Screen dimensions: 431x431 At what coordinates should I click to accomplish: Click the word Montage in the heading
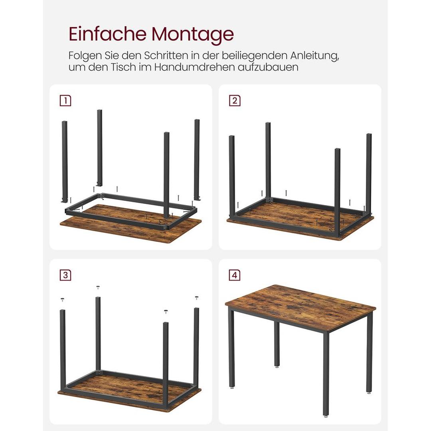point(192,35)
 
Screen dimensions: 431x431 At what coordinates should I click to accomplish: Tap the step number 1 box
point(65,101)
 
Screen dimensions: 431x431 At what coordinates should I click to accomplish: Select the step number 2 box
point(235,101)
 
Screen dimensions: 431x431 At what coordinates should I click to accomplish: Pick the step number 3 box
point(65,275)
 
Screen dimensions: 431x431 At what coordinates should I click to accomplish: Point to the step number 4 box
point(235,275)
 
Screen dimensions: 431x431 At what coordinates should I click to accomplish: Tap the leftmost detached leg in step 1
point(64,160)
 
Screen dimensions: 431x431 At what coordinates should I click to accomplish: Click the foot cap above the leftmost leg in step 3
point(62,299)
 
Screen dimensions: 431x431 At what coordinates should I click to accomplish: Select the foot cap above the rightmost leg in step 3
point(196,297)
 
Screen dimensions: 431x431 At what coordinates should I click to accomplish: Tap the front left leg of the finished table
point(231,351)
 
